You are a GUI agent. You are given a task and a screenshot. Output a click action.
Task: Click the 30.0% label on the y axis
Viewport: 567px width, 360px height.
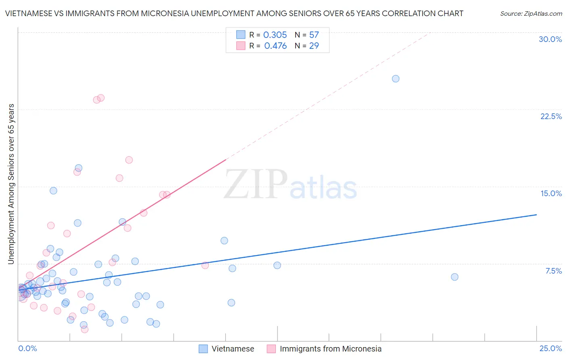coord(550,39)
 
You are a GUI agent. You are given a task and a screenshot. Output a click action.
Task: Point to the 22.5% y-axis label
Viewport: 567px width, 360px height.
coord(551,116)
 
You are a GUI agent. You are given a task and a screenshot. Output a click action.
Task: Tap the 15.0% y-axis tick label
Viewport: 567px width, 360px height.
coord(551,193)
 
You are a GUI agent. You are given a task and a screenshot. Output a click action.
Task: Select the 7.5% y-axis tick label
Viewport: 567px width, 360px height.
coord(553,271)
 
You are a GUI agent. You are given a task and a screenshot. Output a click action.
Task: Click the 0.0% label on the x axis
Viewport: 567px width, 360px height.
coord(27,348)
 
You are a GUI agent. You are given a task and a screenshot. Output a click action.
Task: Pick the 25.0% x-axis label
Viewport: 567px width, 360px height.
coord(550,348)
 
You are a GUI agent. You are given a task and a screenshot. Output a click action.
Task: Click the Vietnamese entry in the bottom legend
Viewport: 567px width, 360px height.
coord(233,349)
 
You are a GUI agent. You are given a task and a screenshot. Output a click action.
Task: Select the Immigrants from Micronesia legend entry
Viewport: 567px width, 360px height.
coord(330,349)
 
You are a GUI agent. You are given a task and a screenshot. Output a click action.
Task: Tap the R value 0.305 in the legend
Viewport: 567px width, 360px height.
coord(275,35)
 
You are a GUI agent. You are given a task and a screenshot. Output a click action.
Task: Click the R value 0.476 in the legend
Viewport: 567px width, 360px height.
coord(275,46)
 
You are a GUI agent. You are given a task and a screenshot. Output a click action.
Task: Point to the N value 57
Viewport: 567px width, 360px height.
coord(314,35)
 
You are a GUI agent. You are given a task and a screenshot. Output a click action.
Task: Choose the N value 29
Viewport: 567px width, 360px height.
coord(314,46)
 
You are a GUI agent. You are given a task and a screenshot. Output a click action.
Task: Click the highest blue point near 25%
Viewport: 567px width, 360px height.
coord(396,79)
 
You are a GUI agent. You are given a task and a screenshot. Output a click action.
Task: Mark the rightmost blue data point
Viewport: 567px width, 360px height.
coord(454,277)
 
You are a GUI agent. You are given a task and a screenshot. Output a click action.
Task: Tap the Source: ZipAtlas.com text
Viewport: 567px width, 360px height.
coord(531,13)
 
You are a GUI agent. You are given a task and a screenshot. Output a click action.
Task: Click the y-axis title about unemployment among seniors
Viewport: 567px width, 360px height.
coord(11,184)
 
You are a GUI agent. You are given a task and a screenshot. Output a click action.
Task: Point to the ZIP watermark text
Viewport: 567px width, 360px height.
coord(256,184)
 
